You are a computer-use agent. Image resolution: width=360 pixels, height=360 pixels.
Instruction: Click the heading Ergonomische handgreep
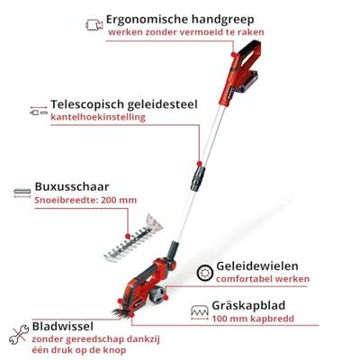(x=180, y=20)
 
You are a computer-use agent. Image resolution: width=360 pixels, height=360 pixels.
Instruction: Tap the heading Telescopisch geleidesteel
(x=124, y=104)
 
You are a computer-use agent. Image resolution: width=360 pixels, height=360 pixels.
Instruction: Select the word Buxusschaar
(x=72, y=186)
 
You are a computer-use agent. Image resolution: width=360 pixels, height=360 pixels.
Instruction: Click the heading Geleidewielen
(x=257, y=266)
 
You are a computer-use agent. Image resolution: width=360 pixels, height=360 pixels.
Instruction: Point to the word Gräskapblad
(x=248, y=306)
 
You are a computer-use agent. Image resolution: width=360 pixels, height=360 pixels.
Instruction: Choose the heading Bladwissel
(x=63, y=327)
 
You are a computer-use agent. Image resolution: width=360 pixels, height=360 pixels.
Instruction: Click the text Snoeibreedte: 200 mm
(x=85, y=200)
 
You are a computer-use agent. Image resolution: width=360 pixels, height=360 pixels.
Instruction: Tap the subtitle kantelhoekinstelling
(x=98, y=117)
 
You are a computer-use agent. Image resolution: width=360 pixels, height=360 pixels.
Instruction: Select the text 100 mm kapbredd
(x=253, y=319)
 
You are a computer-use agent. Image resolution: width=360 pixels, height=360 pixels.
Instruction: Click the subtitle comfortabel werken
(x=263, y=279)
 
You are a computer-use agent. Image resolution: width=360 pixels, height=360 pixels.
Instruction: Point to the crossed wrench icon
(x=19, y=334)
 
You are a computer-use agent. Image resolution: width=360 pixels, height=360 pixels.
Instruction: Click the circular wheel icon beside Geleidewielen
(x=205, y=273)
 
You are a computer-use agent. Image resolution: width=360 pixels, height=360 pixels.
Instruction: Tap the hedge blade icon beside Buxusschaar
(x=22, y=193)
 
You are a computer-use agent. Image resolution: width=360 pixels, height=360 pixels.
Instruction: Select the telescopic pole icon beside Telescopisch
(x=39, y=111)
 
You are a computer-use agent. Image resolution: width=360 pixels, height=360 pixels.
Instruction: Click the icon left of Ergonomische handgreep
(x=94, y=25)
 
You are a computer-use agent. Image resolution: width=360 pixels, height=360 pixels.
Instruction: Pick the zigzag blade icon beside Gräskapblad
(x=200, y=313)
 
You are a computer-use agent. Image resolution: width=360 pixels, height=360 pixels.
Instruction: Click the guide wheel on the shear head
(x=157, y=294)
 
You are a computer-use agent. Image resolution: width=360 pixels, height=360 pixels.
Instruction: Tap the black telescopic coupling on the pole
(x=198, y=178)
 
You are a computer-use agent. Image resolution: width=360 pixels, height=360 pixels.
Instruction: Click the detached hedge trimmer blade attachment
(x=133, y=238)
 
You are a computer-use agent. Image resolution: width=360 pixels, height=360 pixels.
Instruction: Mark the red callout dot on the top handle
(x=233, y=54)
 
